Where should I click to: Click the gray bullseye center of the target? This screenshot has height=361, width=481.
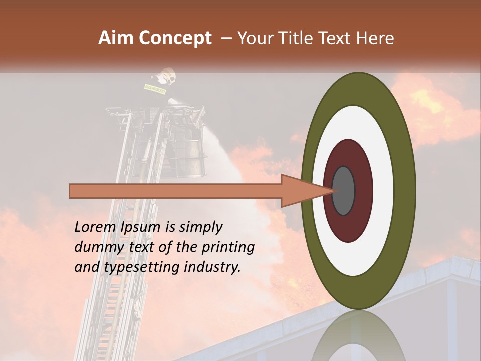click(343, 191)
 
